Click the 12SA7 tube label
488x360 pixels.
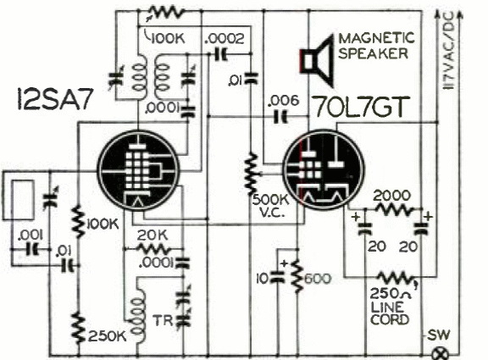[x=55, y=99]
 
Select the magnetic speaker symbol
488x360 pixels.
[x=317, y=61]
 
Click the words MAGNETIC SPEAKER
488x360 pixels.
[x=376, y=46]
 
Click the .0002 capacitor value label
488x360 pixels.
[x=225, y=39]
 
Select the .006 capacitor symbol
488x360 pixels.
[x=280, y=117]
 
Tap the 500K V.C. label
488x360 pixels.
[x=270, y=206]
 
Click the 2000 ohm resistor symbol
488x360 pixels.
[x=394, y=209]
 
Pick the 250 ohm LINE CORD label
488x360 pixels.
[x=391, y=307]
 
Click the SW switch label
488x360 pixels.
[x=439, y=335]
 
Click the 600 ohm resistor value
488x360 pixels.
[x=317, y=279]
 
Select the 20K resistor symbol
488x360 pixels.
[x=153, y=249]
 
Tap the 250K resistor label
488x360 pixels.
[x=108, y=336]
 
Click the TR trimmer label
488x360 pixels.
[x=163, y=321]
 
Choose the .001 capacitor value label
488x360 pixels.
[x=30, y=235]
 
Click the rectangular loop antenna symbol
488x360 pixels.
[x=22, y=199]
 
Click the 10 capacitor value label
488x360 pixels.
[x=262, y=279]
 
